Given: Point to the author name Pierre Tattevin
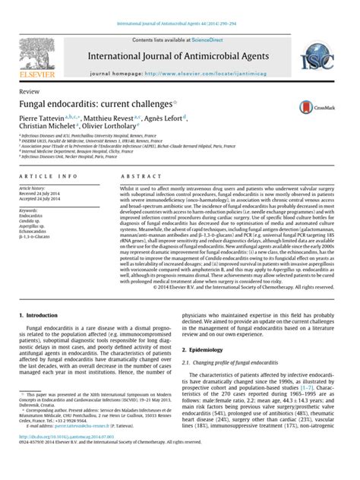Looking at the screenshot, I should tap(46, 118).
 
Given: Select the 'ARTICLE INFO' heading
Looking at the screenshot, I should tap(48, 175).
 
